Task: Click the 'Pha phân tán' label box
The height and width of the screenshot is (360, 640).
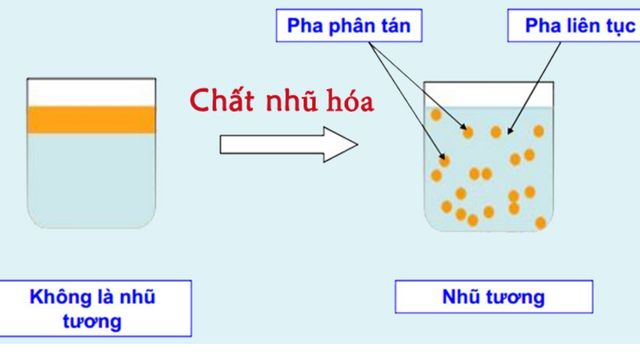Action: pyautogui.click(x=349, y=26)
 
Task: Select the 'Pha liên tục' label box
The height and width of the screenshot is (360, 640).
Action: pyautogui.click(x=573, y=26)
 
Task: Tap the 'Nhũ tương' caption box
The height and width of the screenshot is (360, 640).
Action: pyautogui.click(x=494, y=297)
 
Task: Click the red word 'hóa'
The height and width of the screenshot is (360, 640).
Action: pyautogui.click(x=351, y=100)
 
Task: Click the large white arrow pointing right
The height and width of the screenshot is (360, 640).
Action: pyautogui.click(x=289, y=144)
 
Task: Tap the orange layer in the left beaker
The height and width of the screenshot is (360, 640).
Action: pyautogui.click(x=91, y=120)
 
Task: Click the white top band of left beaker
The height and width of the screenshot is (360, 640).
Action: pyautogui.click(x=91, y=93)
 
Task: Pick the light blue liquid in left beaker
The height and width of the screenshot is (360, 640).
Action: pyautogui.click(x=91, y=180)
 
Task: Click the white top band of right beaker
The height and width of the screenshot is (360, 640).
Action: pyautogui.click(x=489, y=95)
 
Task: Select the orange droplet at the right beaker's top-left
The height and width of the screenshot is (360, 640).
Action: pyautogui.click(x=436, y=115)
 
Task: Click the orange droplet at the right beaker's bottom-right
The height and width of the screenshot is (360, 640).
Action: pyautogui.click(x=540, y=223)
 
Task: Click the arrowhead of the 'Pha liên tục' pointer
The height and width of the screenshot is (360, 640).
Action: pyautogui.click(x=509, y=131)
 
